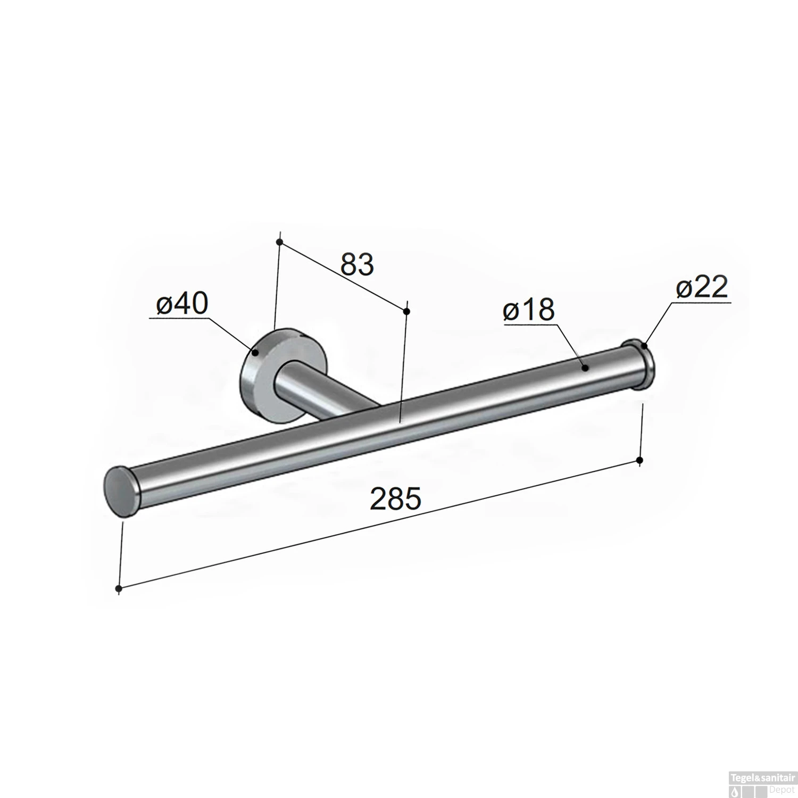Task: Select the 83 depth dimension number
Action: pyautogui.click(x=357, y=265)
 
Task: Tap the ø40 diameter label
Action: pyautogui.click(x=182, y=305)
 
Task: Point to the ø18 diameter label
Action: pyautogui.click(x=529, y=310)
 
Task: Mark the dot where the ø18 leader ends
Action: pyautogui.click(x=585, y=367)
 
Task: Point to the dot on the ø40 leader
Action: pyautogui.click(x=255, y=352)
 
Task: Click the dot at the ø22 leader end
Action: pyautogui.click(x=644, y=345)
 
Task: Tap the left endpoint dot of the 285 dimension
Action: pyautogui.click(x=119, y=588)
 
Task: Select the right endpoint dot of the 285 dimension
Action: pyautogui.click(x=640, y=460)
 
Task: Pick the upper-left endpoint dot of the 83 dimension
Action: pyautogui.click(x=279, y=242)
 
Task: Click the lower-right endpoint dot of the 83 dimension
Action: pyautogui.click(x=406, y=311)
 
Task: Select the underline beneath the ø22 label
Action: pyautogui.click(x=702, y=302)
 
